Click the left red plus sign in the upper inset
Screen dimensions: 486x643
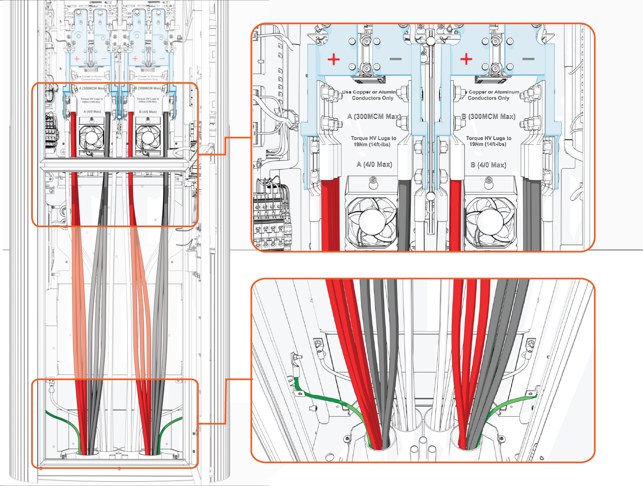333,60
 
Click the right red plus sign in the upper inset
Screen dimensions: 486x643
466,59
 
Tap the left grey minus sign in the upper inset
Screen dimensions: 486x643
395,59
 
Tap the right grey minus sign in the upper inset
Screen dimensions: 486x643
528,59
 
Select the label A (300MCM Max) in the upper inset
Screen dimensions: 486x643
374,117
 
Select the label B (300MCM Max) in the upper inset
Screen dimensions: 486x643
488,117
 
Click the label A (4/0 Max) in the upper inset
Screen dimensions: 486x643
374,164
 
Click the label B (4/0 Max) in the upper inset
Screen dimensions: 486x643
488,165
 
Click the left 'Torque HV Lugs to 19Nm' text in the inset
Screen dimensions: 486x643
373,141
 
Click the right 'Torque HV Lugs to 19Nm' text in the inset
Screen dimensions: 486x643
488,141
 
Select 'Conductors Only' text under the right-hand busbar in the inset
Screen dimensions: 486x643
488,98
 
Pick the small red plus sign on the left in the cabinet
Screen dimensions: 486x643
77,59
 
